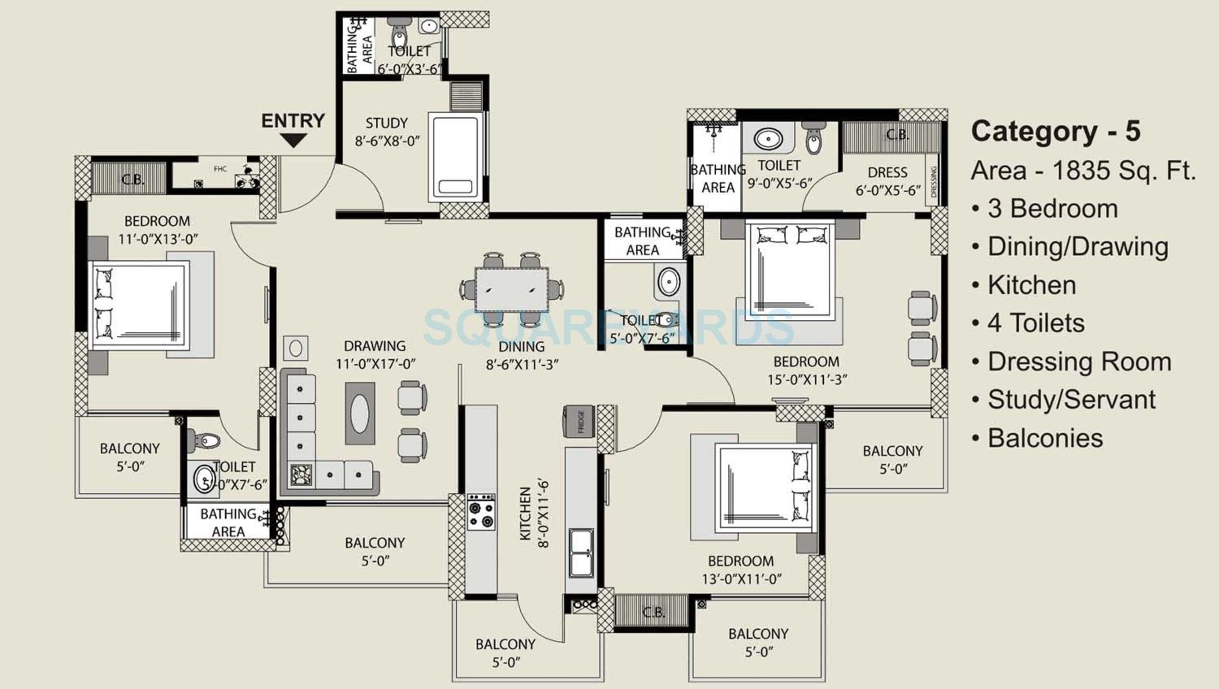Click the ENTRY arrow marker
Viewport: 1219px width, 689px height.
[x=293, y=140]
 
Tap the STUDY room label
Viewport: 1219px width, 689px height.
[x=386, y=123]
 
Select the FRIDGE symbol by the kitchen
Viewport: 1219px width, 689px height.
[x=578, y=421]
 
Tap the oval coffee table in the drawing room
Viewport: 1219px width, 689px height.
[x=360, y=413]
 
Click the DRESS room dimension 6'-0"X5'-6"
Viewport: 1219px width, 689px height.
[x=888, y=191]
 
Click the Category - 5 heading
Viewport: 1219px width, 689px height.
[x=1055, y=131]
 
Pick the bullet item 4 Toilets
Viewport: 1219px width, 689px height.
[x=1035, y=323]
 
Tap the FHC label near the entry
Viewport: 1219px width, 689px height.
[x=220, y=169]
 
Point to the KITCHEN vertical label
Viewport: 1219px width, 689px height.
[x=525, y=513]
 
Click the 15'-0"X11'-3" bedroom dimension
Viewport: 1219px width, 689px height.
[x=807, y=380]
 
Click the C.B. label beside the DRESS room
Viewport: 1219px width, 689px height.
[x=897, y=135]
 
